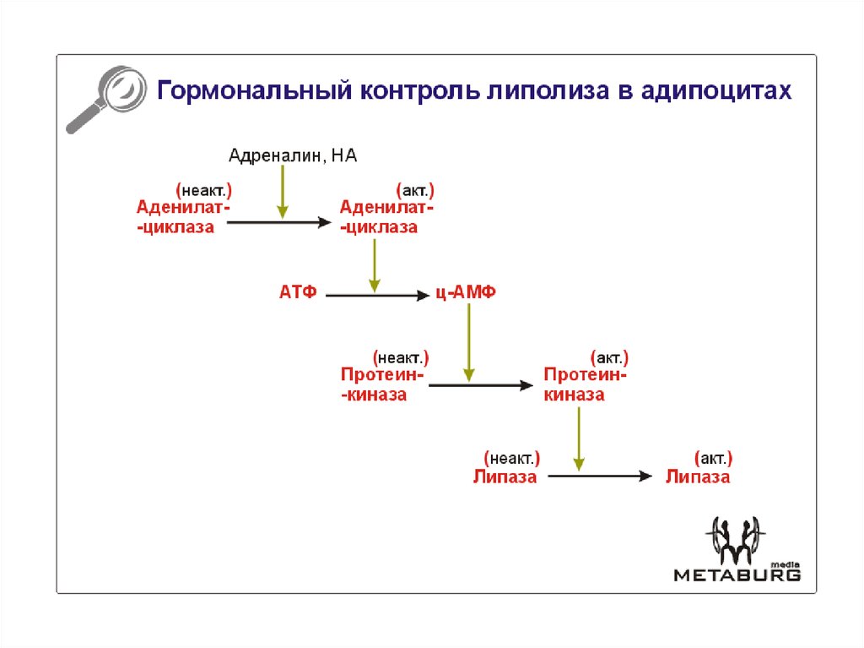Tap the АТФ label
point(298,293)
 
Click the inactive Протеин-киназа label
point(384,384)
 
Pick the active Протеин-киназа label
point(586,384)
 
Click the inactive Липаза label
point(505,476)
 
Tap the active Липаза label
point(697,476)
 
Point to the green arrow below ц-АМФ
point(469,342)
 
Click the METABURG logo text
point(737,574)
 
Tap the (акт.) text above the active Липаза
point(713,459)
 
